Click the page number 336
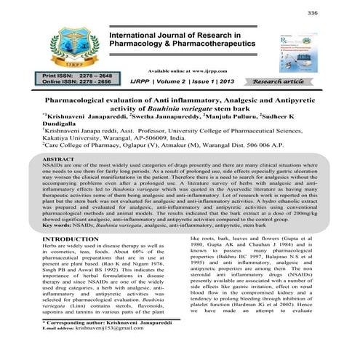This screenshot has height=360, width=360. click(x=334, y=13)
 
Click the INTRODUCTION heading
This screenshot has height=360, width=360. click(x=73, y=239)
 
